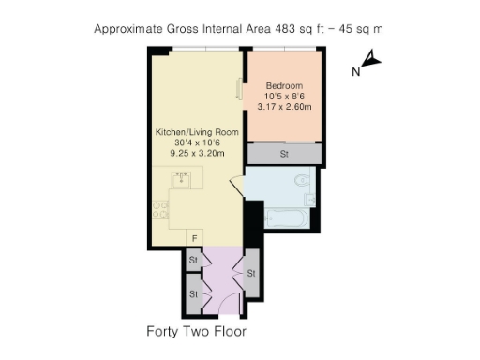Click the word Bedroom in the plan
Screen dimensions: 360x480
tap(284, 85)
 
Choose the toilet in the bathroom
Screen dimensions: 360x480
tap(303, 180)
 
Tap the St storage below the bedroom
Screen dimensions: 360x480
tap(284, 154)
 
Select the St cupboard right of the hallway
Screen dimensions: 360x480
tap(251, 273)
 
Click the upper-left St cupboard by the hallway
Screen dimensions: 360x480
tap(194, 260)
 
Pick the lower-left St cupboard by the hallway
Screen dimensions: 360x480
tap(194, 293)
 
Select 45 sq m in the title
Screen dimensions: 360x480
tap(359, 28)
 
